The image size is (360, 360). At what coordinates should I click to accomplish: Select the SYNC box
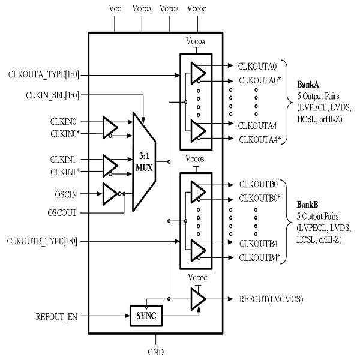pyautogui.click(x=146, y=314)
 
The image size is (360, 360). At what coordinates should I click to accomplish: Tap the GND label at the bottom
pyautogui.click(x=155, y=352)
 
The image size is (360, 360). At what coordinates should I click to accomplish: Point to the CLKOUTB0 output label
pyautogui.click(x=258, y=184)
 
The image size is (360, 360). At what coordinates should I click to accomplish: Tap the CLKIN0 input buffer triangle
pyautogui.click(x=110, y=127)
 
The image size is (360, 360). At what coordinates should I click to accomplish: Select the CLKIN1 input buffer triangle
pyautogui.click(x=110, y=165)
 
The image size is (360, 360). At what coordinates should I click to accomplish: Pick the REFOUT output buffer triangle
pyautogui.click(x=197, y=298)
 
